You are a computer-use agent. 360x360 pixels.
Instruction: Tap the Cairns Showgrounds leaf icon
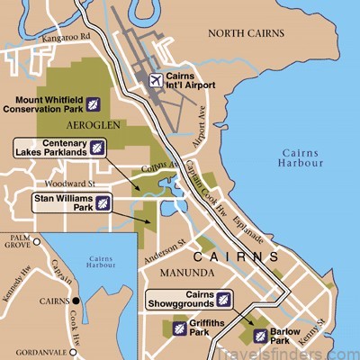click(222, 298)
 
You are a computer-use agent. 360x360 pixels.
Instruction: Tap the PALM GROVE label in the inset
click(18, 243)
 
